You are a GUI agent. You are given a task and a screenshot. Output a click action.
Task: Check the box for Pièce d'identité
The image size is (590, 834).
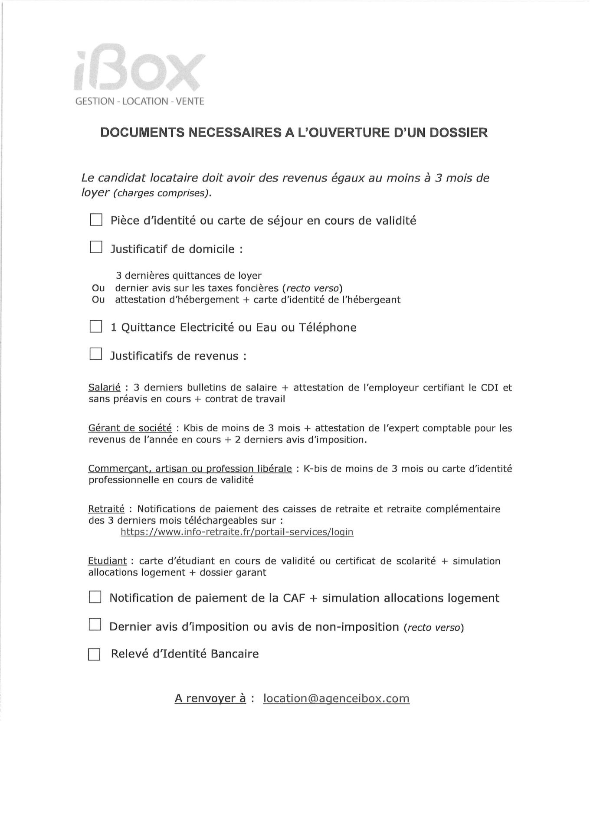pos(95,220)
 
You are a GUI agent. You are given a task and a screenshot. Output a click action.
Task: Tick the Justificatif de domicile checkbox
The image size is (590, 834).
pos(95,248)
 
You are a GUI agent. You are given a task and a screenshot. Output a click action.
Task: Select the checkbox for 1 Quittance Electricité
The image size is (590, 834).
pos(95,327)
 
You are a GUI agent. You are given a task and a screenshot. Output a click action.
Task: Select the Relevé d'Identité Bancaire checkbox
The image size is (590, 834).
pos(94,654)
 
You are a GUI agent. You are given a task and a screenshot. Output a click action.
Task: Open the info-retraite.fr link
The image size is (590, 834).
pos(237,532)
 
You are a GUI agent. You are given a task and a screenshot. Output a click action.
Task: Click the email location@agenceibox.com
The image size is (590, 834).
pos(336,699)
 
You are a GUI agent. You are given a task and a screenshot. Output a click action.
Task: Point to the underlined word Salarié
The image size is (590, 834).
pos(105,388)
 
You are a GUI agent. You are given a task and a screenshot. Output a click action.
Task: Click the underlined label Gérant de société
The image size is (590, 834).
pos(130,428)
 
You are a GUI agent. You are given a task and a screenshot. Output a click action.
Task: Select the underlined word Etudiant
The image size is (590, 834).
pos(108,561)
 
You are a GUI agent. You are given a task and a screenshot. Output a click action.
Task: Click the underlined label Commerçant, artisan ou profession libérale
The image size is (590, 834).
pos(190,469)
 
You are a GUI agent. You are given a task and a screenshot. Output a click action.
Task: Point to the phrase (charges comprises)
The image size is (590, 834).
pos(163,193)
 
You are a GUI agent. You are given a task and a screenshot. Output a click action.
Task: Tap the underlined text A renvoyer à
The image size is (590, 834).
pos(210,699)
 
